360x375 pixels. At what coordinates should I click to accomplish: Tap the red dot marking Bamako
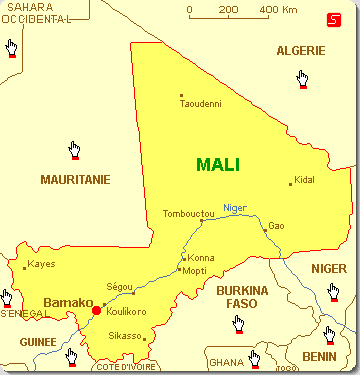[x=96, y=310]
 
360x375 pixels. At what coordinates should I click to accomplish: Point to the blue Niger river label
[x=234, y=207]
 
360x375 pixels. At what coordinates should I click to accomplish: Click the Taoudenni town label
[x=200, y=104]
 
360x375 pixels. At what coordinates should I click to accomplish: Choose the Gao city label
[x=277, y=226]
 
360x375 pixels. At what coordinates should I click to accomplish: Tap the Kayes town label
[x=41, y=264]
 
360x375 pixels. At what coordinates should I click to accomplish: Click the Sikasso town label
[x=127, y=337]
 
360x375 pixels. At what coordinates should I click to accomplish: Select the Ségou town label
[x=119, y=286]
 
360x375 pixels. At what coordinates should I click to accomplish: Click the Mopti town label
[x=194, y=271]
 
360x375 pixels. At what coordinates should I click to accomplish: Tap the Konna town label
[x=201, y=257]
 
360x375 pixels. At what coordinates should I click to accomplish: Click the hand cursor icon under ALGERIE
[x=301, y=78]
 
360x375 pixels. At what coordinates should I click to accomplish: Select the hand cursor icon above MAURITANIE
[x=74, y=150]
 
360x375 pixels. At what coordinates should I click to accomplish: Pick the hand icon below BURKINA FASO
[x=237, y=323]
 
